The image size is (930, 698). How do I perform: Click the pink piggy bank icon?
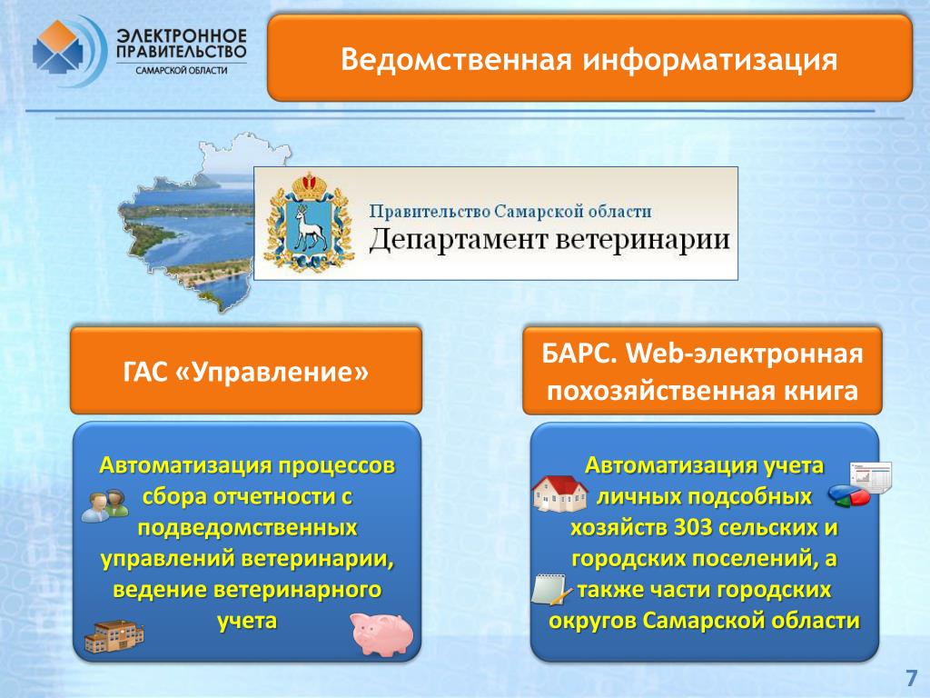click(381, 633)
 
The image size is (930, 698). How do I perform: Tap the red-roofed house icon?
click(559, 494)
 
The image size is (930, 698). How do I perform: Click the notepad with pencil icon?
click(550, 590)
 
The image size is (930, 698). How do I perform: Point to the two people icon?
click(105, 505)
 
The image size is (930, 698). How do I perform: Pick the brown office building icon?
click(114, 636)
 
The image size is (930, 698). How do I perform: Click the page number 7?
click(911, 678)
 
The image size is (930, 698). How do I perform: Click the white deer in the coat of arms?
click(310, 228)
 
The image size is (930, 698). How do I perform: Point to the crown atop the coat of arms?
click(308, 185)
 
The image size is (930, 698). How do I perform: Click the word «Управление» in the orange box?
click(272, 372)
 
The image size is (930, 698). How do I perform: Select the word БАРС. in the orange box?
click(579, 354)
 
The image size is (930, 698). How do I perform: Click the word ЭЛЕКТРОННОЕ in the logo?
click(182, 35)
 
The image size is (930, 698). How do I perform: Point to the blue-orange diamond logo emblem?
click(57, 47)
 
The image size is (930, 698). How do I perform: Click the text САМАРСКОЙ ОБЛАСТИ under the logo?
click(182, 71)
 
